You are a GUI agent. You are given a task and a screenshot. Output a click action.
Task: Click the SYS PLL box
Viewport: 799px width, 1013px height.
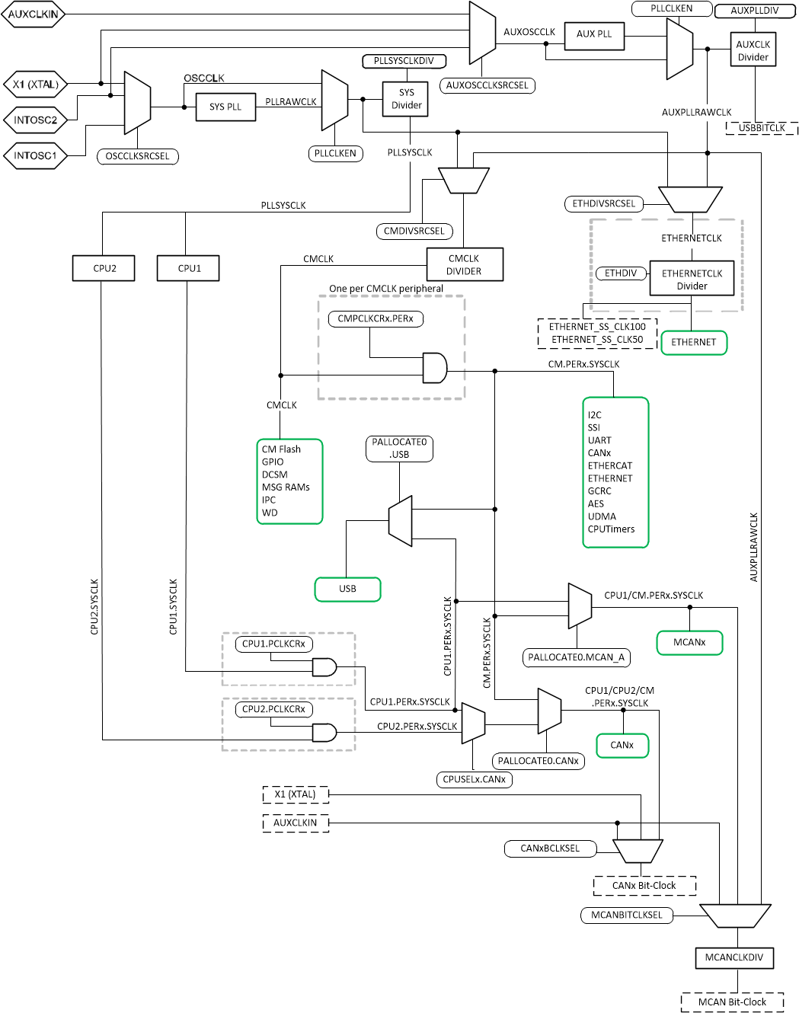(x=225, y=107)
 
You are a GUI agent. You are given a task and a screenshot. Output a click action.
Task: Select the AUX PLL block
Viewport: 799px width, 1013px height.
(x=594, y=35)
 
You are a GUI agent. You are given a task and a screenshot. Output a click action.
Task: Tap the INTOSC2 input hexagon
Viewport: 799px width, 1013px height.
(x=35, y=120)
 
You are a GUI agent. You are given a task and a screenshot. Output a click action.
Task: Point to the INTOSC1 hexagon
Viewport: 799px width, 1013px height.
(x=35, y=156)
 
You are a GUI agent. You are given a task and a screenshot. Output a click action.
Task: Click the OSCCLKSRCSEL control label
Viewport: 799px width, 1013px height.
(x=138, y=157)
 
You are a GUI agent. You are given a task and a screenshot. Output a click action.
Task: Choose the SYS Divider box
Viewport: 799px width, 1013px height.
(x=406, y=99)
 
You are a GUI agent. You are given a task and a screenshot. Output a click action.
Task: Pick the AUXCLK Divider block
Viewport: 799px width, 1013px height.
(x=753, y=50)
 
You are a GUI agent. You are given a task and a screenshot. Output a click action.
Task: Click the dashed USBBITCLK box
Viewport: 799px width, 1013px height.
(x=762, y=128)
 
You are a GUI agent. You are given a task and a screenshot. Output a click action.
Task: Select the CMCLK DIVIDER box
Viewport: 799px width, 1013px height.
(x=464, y=264)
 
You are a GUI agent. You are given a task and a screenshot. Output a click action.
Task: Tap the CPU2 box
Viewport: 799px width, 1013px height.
(x=104, y=268)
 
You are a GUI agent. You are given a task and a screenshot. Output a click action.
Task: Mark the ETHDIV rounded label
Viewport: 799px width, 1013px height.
(x=620, y=273)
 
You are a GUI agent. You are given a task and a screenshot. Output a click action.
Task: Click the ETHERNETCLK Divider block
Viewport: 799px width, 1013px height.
(x=692, y=280)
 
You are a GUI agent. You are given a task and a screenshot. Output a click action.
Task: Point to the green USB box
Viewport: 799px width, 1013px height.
(x=347, y=589)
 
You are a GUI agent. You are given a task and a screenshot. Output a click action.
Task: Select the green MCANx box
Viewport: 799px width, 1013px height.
(x=689, y=642)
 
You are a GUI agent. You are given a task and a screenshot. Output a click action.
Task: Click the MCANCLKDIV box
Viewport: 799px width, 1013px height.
(x=733, y=957)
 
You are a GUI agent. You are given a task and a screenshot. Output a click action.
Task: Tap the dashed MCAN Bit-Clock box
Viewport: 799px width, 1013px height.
(x=732, y=1002)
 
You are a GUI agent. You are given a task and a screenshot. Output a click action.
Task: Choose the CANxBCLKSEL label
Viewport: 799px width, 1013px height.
(x=550, y=848)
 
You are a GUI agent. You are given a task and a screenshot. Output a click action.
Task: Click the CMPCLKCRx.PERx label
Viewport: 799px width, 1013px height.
(x=376, y=319)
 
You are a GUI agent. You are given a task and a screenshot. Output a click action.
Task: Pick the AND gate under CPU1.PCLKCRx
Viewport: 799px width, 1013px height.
(x=324, y=667)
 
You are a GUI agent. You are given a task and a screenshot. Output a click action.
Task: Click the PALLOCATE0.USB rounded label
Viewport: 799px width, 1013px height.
(x=399, y=449)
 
